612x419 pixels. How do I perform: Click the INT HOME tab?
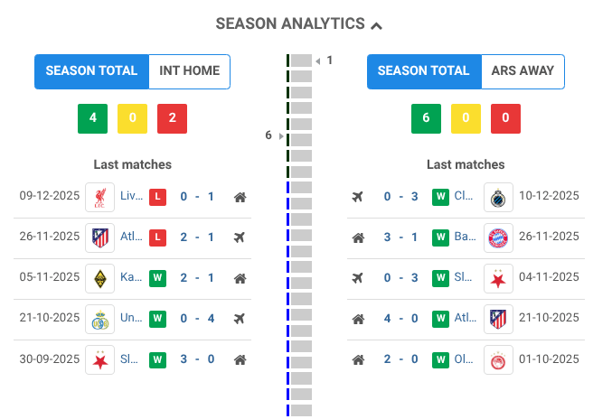(x=189, y=71)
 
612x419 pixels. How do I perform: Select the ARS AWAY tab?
(x=523, y=71)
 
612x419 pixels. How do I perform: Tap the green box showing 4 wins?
(x=92, y=119)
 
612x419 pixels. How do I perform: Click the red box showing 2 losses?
(x=172, y=119)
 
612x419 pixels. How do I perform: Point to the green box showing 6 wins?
(x=426, y=119)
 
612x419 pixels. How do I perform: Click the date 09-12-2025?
(x=50, y=196)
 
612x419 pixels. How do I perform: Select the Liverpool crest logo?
(x=99, y=196)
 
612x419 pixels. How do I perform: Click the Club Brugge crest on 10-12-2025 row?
(x=498, y=196)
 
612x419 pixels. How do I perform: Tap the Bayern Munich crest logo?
(x=498, y=237)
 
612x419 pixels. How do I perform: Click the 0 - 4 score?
(x=196, y=318)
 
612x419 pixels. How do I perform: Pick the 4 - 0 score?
(x=400, y=318)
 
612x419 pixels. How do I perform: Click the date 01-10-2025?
(x=550, y=358)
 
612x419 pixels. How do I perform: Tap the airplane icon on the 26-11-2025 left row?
(x=240, y=237)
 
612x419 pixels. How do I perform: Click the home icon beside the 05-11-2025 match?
(x=240, y=277)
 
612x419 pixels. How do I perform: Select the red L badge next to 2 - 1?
(x=157, y=237)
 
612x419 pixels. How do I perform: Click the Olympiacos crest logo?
(x=498, y=358)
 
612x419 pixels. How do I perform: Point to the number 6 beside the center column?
(x=268, y=135)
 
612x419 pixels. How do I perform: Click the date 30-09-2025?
(x=50, y=358)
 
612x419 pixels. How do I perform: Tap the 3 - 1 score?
(x=400, y=237)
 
